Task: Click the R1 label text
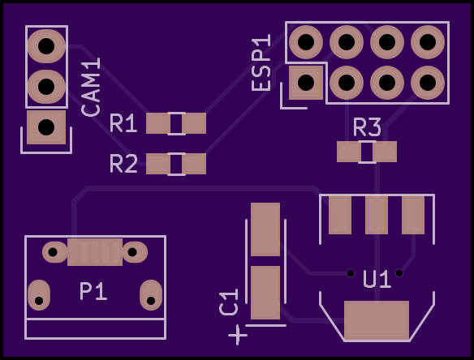click(x=123, y=123)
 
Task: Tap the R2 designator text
click(x=124, y=164)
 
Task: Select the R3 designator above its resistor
click(x=367, y=127)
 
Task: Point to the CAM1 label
click(x=91, y=88)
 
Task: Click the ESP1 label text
click(x=261, y=62)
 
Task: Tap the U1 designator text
click(x=377, y=280)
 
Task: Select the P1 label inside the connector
click(x=93, y=291)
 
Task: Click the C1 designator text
click(x=229, y=302)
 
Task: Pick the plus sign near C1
click(x=238, y=335)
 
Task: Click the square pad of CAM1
click(x=46, y=127)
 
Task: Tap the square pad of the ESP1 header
click(x=306, y=83)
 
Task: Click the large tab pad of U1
click(x=377, y=320)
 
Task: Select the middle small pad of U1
click(x=377, y=215)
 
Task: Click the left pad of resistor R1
click(x=157, y=123)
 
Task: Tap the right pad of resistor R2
click(x=194, y=164)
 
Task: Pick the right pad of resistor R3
click(x=385, y=152)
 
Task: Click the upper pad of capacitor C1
click(x=265, y=229)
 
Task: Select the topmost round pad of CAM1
click(x=46, y=46)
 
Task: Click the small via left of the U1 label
click(x=351, y=273)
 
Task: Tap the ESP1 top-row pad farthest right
click(x=428, y=42)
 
